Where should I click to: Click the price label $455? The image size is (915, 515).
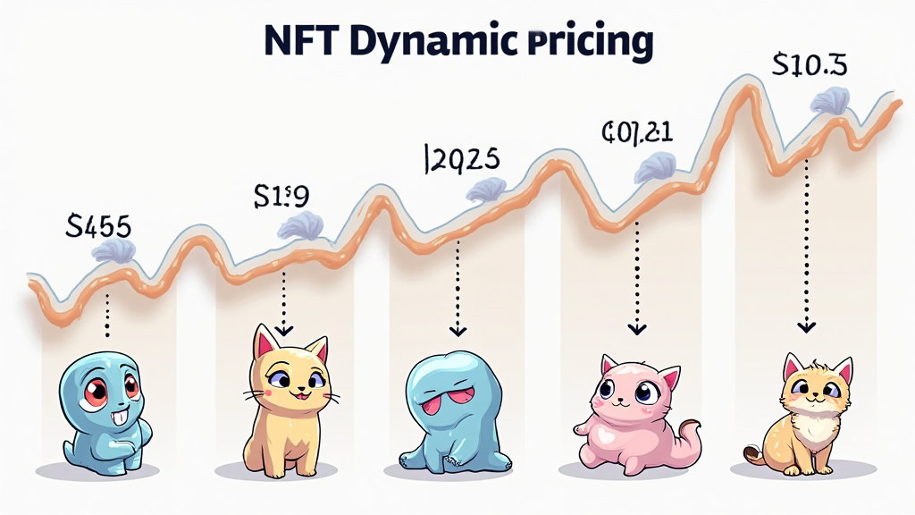point(100,225)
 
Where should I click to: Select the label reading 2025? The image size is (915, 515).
point(459,158)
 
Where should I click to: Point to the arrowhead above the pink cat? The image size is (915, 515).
point(636,328)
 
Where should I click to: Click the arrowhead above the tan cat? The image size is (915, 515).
point(807,326)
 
